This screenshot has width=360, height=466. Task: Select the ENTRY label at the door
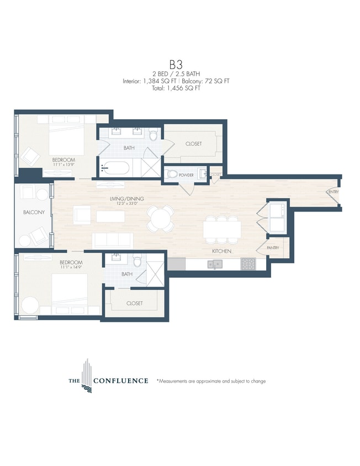[x=332, y=192]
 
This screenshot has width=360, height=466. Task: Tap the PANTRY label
[x=273, y=248]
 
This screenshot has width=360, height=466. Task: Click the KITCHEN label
[x=221, y=251]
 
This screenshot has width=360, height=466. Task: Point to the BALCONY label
[x=33, y=212]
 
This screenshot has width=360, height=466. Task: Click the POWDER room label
[x=186, y=175]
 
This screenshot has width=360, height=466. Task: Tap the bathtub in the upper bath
[x=115, y=168]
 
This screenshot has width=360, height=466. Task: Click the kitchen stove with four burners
[x=248, y=264]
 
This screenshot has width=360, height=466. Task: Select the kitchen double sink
[x=216, y=264]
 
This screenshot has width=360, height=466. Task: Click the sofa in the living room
[x=112, y=240]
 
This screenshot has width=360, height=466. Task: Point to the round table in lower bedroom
[x=30, y=305]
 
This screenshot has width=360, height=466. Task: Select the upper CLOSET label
[x=193, y=144]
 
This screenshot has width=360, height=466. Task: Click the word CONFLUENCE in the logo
[x=120, y=380]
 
